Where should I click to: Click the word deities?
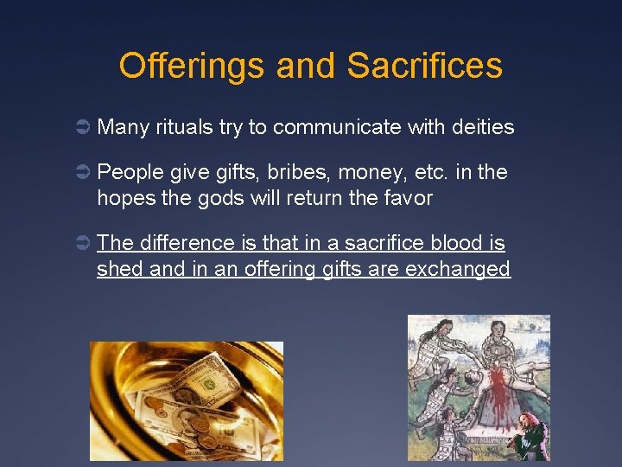pos(483,128)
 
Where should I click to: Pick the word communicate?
pos(338,128)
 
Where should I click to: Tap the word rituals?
pos(185,128)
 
